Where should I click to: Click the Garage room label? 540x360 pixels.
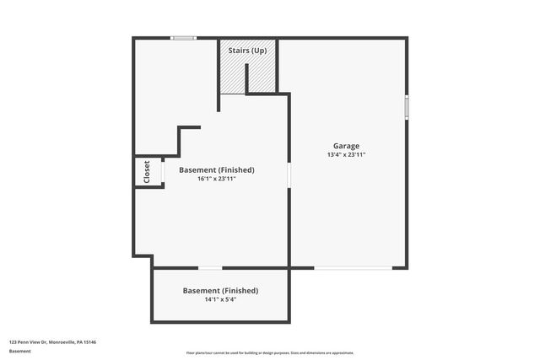click(x=346, y=146)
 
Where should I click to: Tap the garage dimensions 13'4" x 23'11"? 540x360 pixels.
click(x=346, y=155)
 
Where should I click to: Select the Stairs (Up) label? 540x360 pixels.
click(x=249, y=51)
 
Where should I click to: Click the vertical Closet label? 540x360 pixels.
click(x=147, y=172)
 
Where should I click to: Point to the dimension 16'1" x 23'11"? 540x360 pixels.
click(x=216, y=179)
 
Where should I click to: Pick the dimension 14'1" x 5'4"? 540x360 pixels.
click(x=220, y=299)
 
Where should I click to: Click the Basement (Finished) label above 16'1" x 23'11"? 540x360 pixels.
click(x=216, y=169)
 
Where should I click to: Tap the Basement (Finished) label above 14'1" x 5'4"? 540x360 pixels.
click(x=220, y=290)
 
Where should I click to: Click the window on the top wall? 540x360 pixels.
click(x=183, y=38)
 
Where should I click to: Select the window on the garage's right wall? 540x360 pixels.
click(x=407, y=107)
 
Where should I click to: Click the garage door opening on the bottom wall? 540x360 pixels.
click(x=354, y=268)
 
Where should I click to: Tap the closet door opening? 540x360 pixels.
click(x=163, y=171)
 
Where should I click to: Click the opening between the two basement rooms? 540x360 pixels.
click(x=210, y=268)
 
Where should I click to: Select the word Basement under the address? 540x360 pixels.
click(x=19, y=350)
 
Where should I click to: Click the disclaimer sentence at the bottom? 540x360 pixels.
click(x=270, y=352)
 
